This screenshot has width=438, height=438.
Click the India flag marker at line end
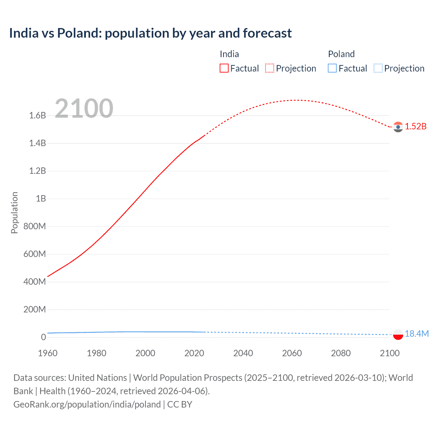398,127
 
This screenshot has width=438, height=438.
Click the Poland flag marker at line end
398,334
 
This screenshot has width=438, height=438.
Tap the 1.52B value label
416,126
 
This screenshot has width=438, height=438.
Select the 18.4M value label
416,334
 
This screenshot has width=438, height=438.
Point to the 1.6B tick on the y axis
38,115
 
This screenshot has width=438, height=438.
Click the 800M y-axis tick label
35,226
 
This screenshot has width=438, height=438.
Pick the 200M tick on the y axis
35,309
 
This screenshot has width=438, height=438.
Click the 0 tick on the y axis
43,337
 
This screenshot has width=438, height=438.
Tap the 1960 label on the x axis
48,353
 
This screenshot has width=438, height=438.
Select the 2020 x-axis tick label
194,353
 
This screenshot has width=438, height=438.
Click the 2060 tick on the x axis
292,353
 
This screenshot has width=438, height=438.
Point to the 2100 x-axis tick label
389,353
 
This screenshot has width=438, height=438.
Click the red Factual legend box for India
224,68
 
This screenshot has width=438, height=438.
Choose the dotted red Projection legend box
270,68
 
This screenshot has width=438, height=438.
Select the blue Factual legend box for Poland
332,68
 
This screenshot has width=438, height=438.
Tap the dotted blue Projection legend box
378,68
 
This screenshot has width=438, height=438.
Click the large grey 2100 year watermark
84,108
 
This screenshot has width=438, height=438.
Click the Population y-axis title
14,212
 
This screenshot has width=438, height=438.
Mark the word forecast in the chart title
267,33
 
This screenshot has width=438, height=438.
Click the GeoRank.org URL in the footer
87,404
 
